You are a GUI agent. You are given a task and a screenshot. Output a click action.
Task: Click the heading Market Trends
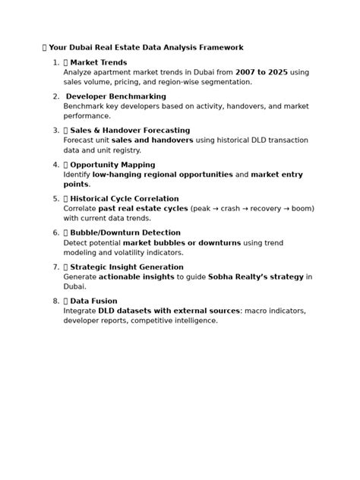tap(98, 62)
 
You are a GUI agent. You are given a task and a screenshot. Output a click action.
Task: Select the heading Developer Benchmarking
tap(115, 96)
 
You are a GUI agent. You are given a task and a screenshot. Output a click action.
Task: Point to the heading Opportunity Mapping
tap(112, 165)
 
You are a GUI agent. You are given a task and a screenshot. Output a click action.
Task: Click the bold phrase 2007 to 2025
tap(261, 72)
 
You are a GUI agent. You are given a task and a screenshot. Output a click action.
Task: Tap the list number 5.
tap(55, 199)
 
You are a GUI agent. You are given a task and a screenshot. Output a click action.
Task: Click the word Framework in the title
tap(220, 47)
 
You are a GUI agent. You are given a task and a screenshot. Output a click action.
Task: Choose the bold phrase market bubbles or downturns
tap(182, 243)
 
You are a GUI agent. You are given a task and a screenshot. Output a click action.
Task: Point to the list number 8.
tap(55, 302)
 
